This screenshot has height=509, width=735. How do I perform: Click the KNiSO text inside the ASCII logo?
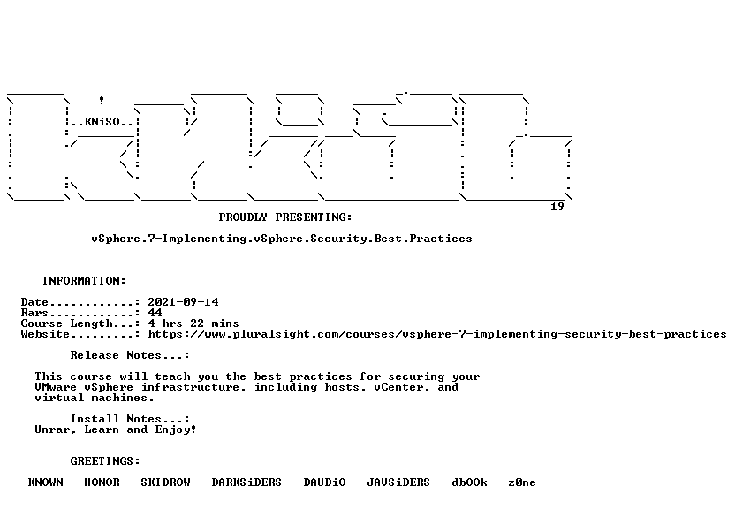click(102, 122)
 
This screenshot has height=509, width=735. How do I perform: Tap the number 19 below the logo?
click(557, 207)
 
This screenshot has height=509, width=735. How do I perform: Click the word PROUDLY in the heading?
click(243, 217)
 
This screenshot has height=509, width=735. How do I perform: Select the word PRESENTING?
click(313, 217)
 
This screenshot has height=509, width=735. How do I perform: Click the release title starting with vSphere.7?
click(282, 239)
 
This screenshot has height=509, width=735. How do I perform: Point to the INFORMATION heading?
click(85, 281)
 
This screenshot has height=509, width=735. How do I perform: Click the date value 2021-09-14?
click(183, 302)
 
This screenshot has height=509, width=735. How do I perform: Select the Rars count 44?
click(155, 313)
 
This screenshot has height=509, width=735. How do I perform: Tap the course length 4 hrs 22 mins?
click(193, 323)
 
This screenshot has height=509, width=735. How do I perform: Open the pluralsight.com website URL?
click(437, 334)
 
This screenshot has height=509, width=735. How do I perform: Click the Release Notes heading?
click(130, 355)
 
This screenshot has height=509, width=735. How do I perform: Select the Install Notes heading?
click(130, 419)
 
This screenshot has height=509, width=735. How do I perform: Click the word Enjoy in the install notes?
click(173, 429)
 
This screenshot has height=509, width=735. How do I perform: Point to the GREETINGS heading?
click(105, 461)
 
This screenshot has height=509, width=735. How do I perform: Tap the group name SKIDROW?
click(165, 482)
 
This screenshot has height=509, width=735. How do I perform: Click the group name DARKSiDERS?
click(246, 482)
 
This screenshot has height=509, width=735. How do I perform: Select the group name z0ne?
click(522, 482)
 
